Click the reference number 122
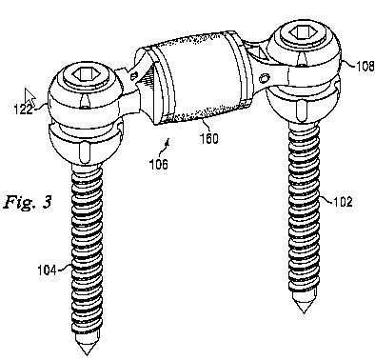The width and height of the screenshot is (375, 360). [x=24, y=110]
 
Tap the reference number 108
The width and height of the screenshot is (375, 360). [x=365, y=67]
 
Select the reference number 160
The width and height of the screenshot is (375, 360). [x=209, y=138]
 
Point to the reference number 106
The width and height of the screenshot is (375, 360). [x=159, y=164]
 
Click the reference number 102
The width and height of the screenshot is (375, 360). [x=343, y=202]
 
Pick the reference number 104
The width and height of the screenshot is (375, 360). [x=47, y=270]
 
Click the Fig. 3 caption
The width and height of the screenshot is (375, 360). [x=28, y=202]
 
